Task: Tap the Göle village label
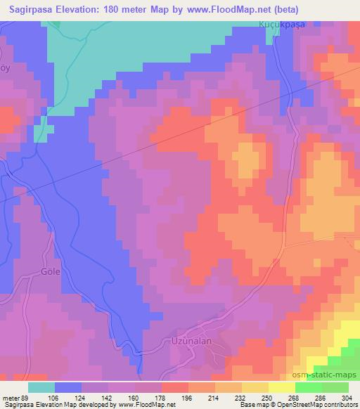[x=51, y=271]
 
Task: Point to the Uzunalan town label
[x=191, y=341]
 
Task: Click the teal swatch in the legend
[x=41, y=387]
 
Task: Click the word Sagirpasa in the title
[x=30, y=8]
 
